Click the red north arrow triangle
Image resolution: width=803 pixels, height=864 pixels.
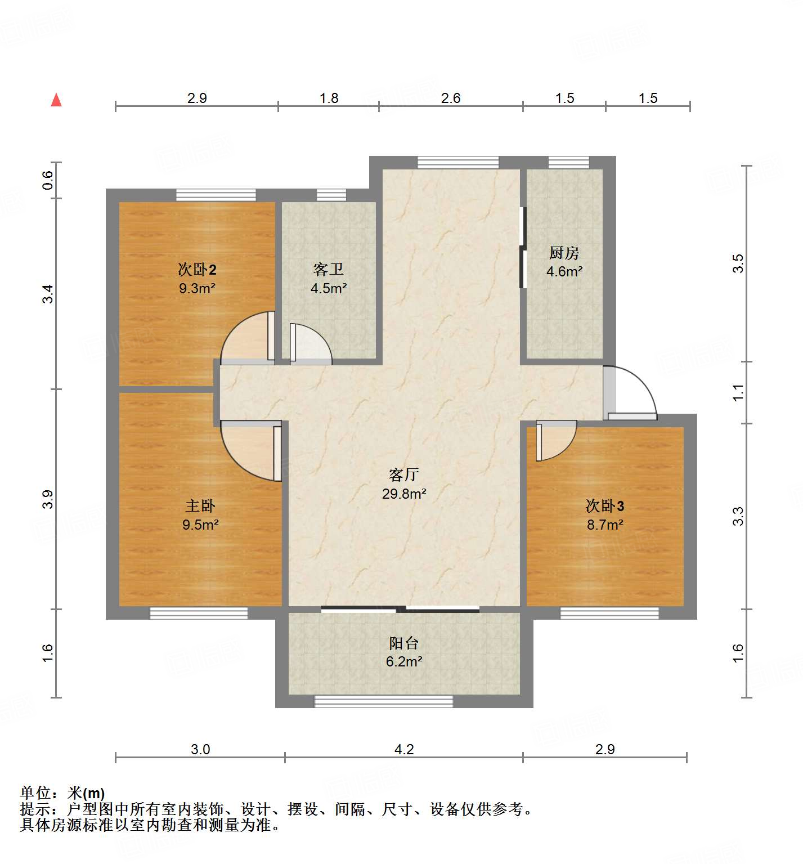[56, 100]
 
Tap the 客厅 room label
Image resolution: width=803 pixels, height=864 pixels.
[403, 475]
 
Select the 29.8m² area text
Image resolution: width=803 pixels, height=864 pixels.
[403, 494]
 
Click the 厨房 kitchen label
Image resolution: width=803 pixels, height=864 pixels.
[564, 253]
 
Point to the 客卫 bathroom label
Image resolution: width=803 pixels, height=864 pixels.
[329, 270]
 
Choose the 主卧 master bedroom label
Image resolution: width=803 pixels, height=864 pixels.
[200, 505]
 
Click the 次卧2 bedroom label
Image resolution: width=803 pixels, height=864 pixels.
[197, 270]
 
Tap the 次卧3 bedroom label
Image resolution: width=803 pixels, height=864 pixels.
[604, 505]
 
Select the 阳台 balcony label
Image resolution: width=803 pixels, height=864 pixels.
[403, 643]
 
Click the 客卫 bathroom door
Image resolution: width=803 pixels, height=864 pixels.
[309, 343]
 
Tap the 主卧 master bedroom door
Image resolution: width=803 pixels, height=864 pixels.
[250, 450]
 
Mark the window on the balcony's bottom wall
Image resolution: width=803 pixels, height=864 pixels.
[383, 701]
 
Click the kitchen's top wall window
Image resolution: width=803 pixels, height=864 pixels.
[568, 162]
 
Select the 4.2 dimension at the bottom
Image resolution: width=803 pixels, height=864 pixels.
[403, 749]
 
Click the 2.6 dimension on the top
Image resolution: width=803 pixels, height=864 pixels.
[450, 98]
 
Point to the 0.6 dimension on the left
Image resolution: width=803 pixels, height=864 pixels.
[48, 180]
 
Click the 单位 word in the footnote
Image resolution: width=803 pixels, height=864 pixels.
[35, 793]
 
